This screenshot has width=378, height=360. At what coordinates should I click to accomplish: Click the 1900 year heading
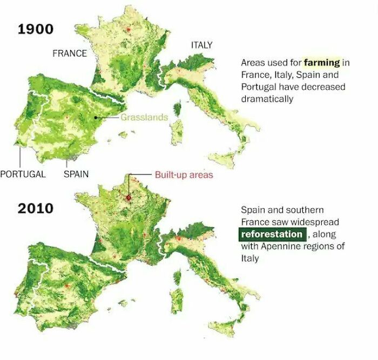[36, 29]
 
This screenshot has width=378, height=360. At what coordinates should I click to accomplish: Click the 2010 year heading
[36, 208]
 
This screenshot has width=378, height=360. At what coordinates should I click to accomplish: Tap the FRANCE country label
[69, 53]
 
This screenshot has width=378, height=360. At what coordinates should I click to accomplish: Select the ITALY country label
[201, 45]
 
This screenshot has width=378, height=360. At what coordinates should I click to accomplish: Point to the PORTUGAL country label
[23, 174]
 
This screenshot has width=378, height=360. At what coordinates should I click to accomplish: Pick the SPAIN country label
[76, 174]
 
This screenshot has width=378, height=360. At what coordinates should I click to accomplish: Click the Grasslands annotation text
[144, 117]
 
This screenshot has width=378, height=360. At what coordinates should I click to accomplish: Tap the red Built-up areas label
[184, 174]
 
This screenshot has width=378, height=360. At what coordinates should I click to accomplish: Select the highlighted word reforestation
[272, 234]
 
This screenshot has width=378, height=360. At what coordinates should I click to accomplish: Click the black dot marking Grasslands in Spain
[96, 117]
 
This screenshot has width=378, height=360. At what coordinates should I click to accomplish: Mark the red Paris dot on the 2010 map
[129, 198]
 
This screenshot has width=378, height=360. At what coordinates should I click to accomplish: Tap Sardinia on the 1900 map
[175, 132]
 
